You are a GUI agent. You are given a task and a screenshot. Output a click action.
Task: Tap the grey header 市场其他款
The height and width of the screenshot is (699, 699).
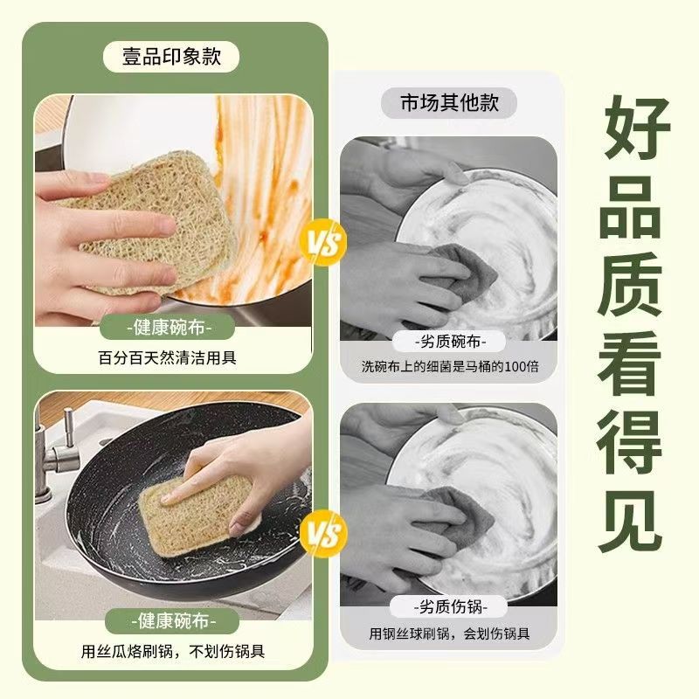[x=449, y=102]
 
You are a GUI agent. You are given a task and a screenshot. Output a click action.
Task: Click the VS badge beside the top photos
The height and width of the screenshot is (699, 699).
[x=322, y=241]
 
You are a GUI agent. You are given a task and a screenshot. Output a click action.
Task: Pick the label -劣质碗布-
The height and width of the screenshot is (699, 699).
[x=449, y=341]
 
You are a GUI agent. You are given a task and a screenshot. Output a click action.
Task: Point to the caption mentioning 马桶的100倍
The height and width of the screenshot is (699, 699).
[x=449, y=367]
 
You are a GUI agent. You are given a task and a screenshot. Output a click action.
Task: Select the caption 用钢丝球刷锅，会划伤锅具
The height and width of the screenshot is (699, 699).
[x=449, y=633]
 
